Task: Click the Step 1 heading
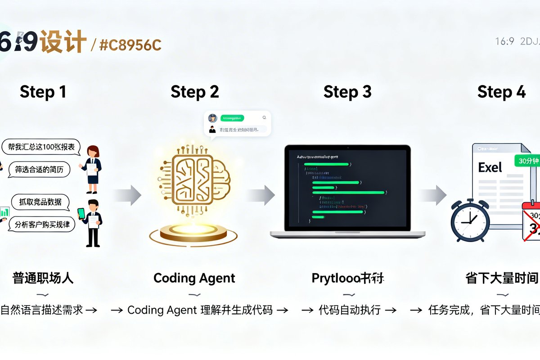[x=43, y=92]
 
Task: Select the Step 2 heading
[x=194, y=92]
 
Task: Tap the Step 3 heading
[x=347, y=92]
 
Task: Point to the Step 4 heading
[x=501, y=92]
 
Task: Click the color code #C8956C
[x=130, y=45]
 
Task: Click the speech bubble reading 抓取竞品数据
[x=40, y=202]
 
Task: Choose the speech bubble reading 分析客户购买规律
[x=42, y=224]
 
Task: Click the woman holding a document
[x=92, y=164]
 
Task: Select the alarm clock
[x=470, y=221]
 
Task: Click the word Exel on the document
[x=490, y=168]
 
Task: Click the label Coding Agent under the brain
[x=194, y=278]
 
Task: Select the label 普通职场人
[x=43, y=278]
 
